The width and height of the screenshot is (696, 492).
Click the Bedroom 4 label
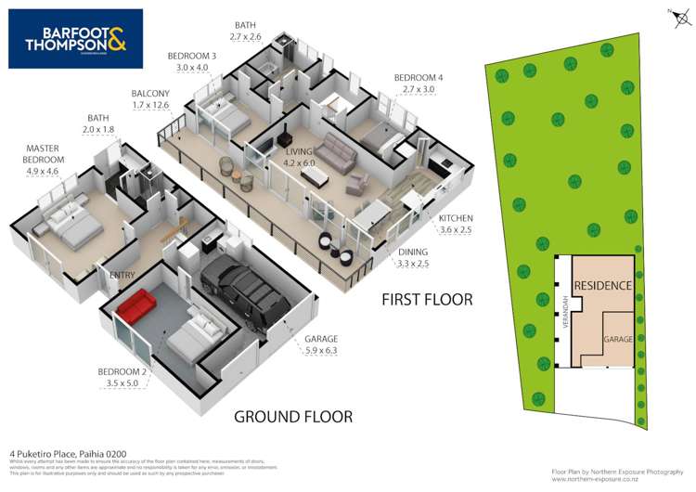(415, 83)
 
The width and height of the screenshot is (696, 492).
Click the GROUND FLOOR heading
(292, 417)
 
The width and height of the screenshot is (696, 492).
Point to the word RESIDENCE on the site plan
(603, 286)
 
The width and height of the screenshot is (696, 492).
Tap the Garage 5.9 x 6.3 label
(320, 345)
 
